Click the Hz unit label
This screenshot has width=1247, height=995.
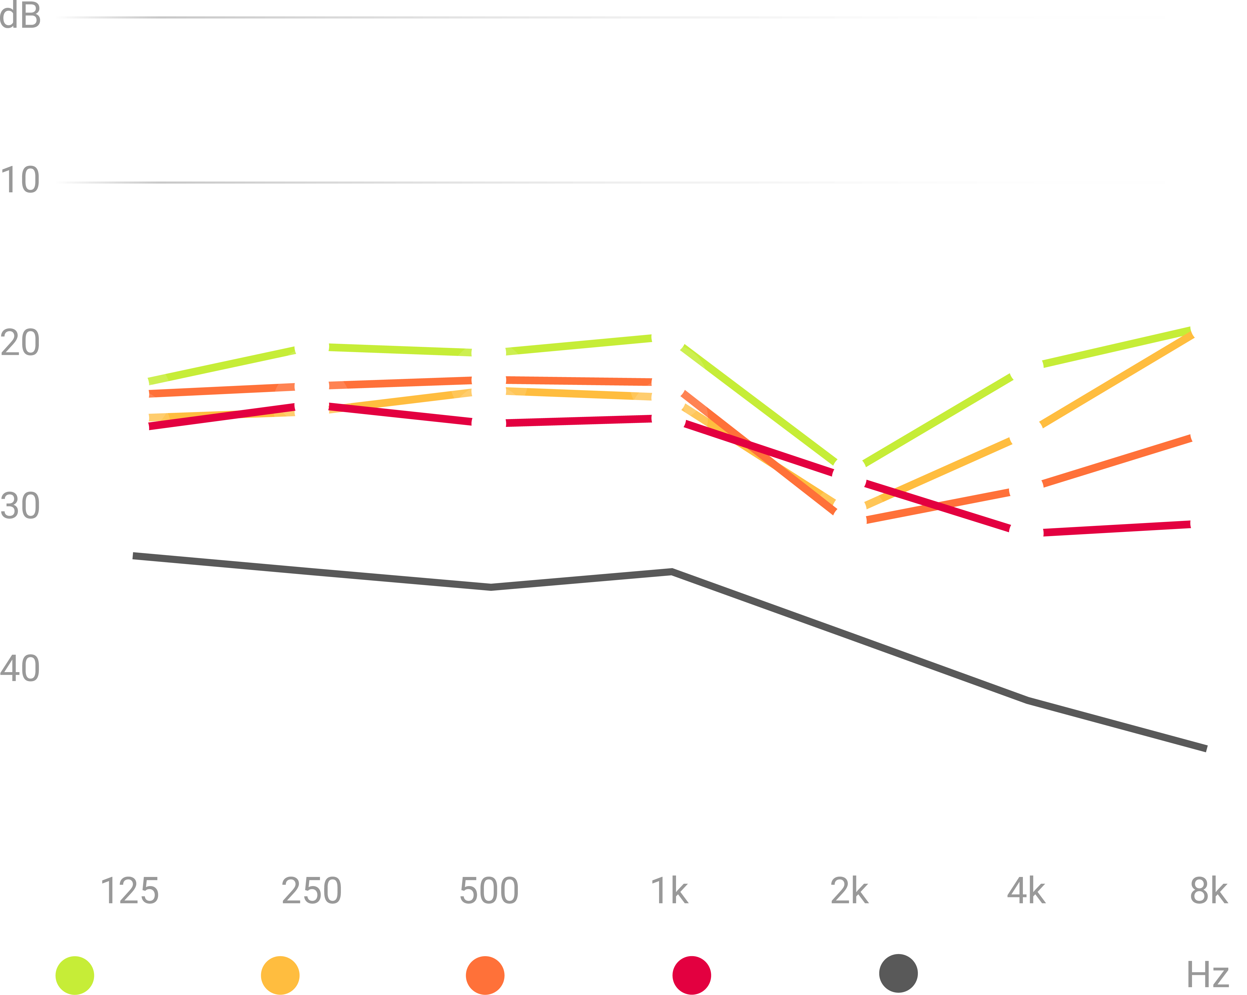click(x=1208, y=975)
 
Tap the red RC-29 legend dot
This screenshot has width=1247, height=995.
click(x=691, y=975)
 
